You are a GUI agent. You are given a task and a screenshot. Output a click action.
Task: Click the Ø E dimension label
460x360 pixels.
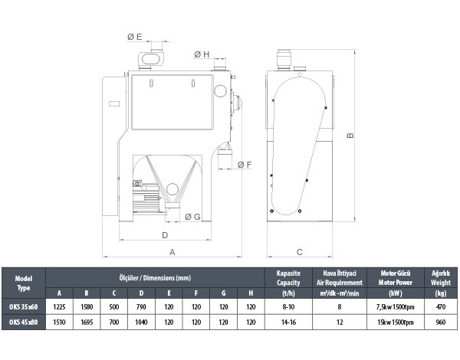[x=135, y=37]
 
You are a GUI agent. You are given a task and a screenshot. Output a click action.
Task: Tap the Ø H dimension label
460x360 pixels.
[x=202, y=54]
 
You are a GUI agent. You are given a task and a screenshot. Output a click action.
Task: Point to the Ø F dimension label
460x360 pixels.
[x=245, y=165]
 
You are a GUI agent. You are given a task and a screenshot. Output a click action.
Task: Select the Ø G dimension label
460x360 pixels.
[x=192, y=217]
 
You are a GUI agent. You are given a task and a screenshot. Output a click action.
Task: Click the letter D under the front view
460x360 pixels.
[x=165, y=235]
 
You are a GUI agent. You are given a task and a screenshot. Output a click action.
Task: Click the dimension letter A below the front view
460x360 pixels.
[x=172, y=252]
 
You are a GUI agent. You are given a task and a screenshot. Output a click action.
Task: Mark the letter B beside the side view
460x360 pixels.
[x=350, y=136]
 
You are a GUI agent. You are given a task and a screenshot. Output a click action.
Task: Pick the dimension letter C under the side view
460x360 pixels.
[x=300, y=252]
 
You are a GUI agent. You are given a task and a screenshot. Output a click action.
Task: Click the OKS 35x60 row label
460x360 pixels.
[x=24, y=307]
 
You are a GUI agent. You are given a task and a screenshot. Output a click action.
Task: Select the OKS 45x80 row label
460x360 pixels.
[x=24, y=322]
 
